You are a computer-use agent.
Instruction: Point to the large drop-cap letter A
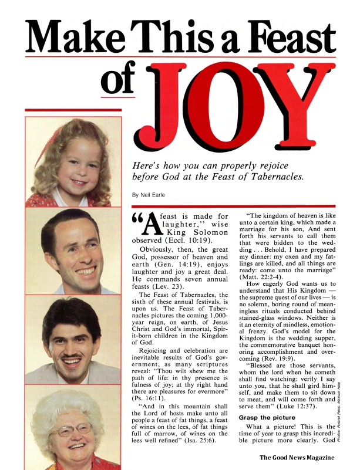pyautogui.click(x=143, y=226)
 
